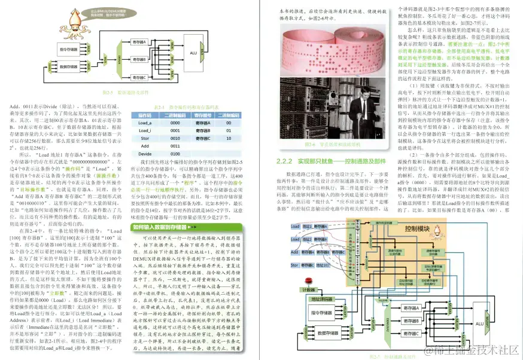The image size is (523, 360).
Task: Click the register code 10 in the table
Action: point(228,138)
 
